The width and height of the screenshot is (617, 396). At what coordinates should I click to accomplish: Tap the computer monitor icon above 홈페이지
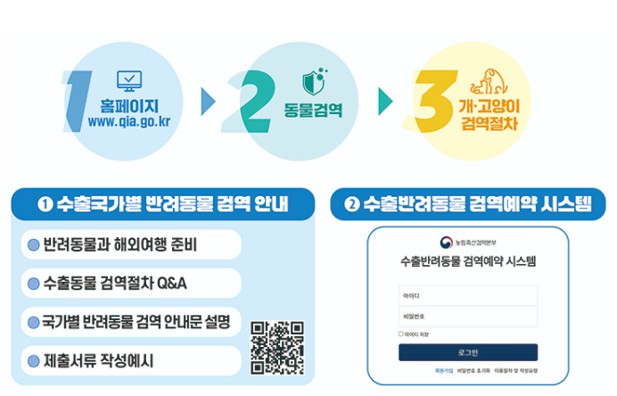(x=130, y=81)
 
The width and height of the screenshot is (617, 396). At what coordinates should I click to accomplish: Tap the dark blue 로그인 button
(x=468, y=352)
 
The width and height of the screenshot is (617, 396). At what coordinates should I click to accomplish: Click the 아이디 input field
(x=468, y=295)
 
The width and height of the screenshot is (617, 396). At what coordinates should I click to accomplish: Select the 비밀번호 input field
(x=468, y=317)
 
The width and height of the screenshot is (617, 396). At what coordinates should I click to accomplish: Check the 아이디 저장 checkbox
(x=401, y=334)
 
